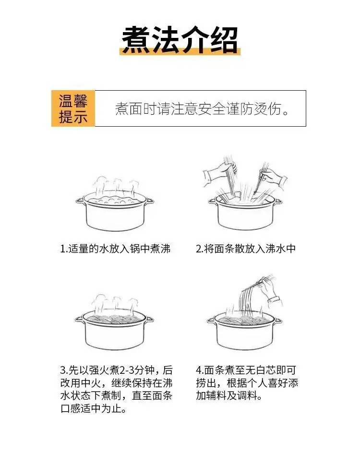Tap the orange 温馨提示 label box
point(73,108)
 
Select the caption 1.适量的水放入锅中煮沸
point(115,249)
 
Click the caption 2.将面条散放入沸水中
point(246,249)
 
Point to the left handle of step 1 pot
point(80,201)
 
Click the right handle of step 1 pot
point(149,201)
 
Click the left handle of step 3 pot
point(79,319)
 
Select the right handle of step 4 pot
point(278,320)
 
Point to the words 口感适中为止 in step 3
point(94,408)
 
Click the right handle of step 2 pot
point(278,201)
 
